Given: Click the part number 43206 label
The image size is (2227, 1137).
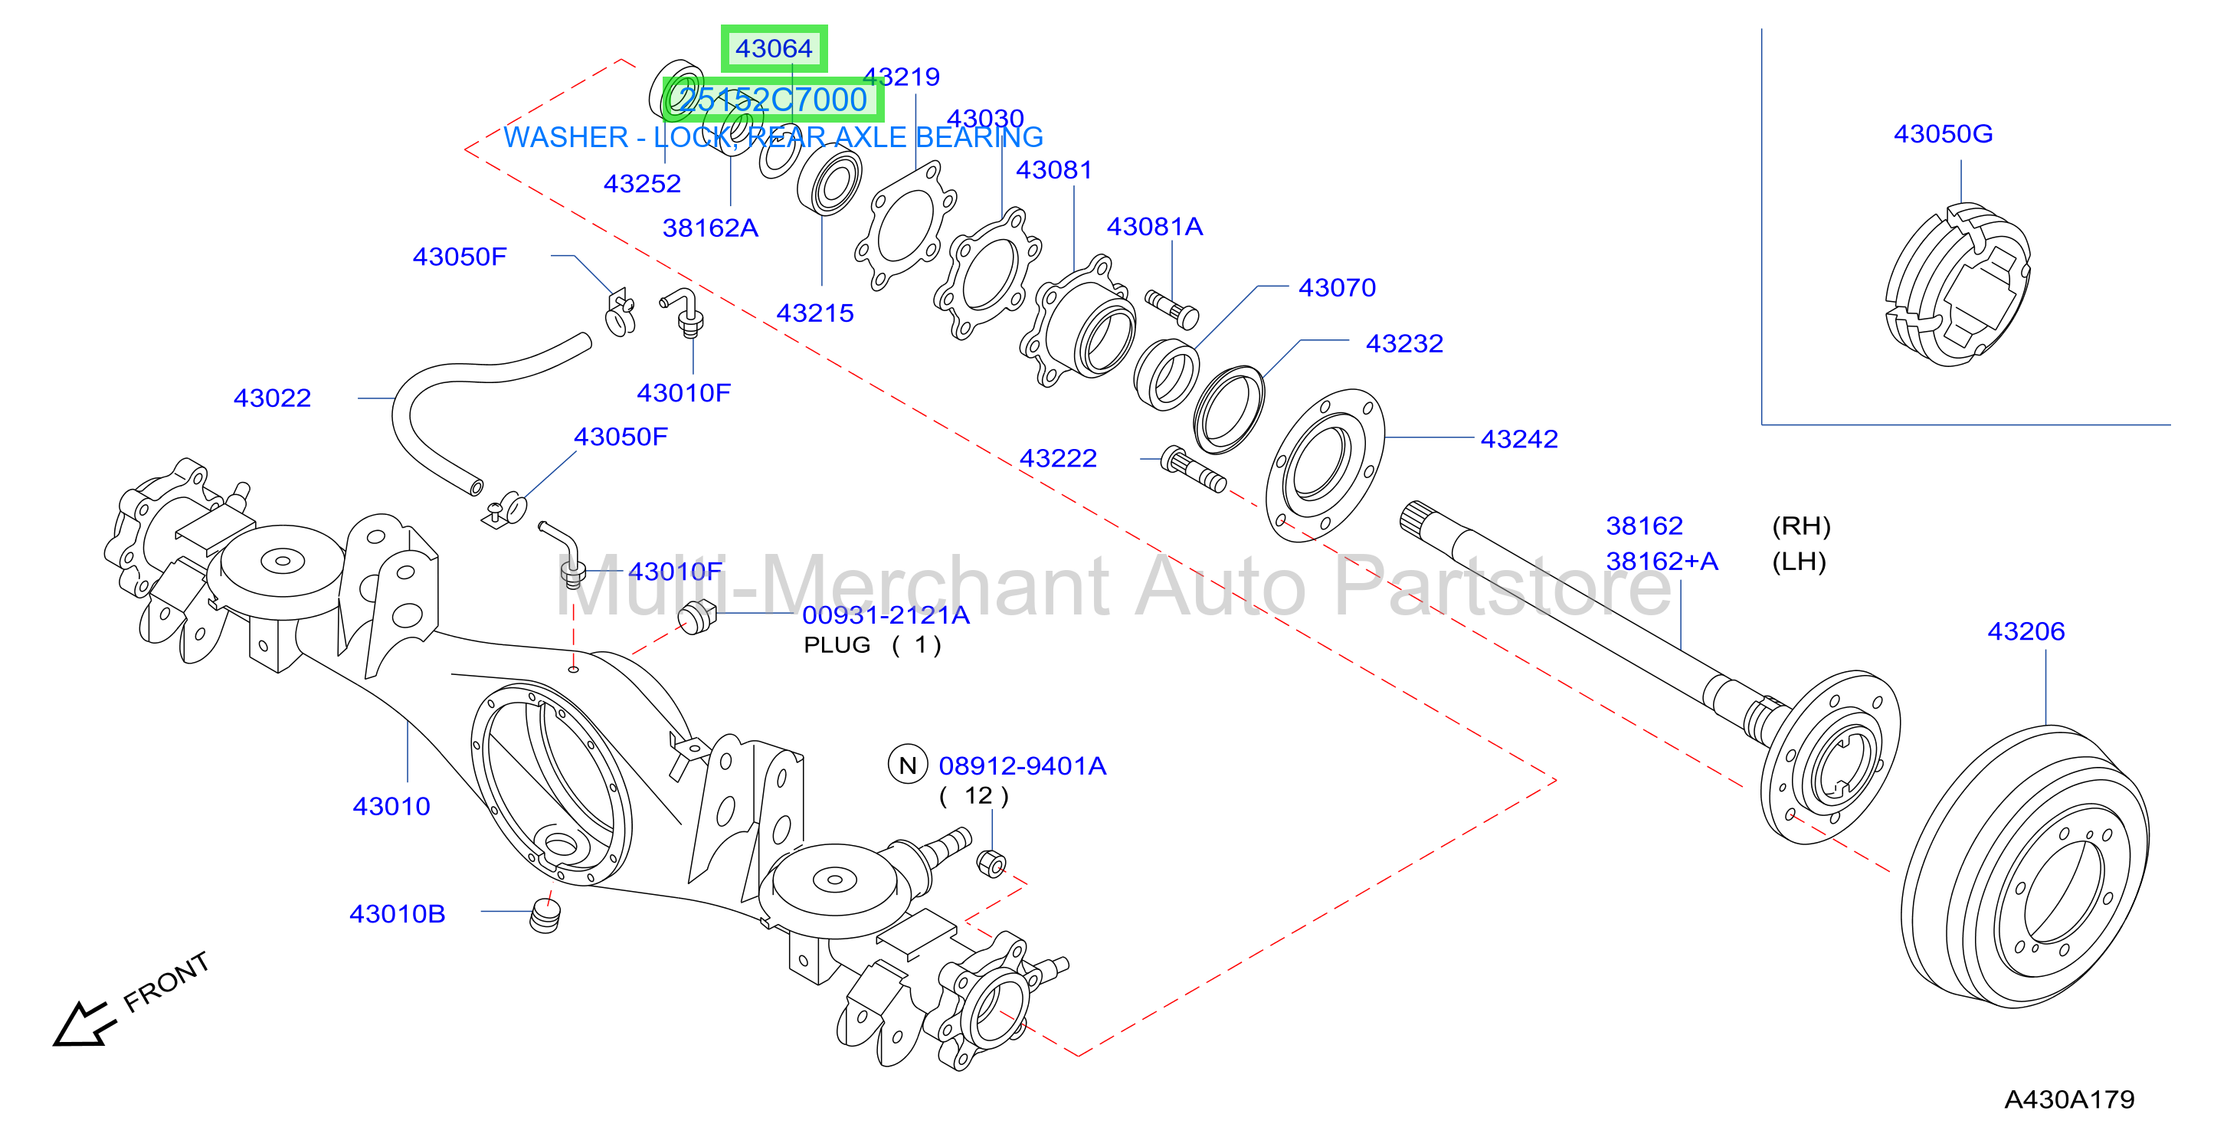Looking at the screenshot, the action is (2026, 631).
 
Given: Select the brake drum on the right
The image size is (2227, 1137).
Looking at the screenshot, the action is (2025, 867).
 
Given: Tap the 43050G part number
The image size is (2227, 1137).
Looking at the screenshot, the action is (1943, 134).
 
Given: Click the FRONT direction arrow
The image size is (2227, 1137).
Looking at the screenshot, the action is (83, 1024).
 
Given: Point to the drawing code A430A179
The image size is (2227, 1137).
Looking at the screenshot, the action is (2068, 1099).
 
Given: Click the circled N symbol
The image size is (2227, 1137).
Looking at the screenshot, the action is (907, 765).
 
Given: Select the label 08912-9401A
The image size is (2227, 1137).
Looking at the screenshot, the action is (1022, 766).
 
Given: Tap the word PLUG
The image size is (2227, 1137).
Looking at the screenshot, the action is (837, 645).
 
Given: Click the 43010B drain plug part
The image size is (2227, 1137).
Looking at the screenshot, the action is (545, 916).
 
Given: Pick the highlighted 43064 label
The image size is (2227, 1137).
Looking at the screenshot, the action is (774, 48).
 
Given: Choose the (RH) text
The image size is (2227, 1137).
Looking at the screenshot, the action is (1801, 526).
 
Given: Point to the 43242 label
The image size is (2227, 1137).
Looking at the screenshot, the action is (1519, 439).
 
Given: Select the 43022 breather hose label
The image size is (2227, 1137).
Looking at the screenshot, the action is (272, 398).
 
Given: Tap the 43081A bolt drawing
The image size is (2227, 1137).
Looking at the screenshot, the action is (1171, 309).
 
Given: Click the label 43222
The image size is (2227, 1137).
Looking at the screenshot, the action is (1058, 458).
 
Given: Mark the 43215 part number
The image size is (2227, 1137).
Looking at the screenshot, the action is (814, 313).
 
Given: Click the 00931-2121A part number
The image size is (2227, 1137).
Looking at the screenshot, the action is (886, 616).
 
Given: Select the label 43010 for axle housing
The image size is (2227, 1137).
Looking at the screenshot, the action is (391, 807).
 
